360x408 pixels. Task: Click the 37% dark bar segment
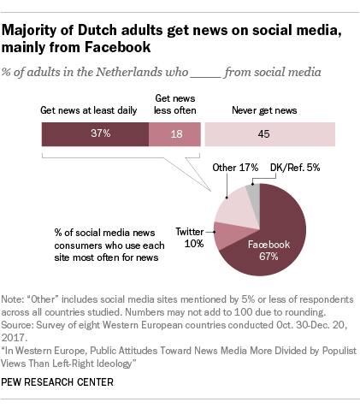coord(94,134)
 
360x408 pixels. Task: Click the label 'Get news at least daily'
coord(87,110)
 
